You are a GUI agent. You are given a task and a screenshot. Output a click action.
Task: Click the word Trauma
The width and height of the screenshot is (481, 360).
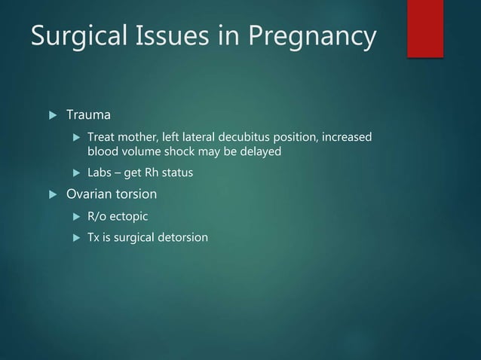[x=88, y=115]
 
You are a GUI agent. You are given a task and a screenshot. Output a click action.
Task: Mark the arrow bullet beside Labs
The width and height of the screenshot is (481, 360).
[x=75, y=173]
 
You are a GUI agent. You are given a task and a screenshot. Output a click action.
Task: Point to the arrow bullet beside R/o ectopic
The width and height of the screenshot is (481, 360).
[x=75, y=217]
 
